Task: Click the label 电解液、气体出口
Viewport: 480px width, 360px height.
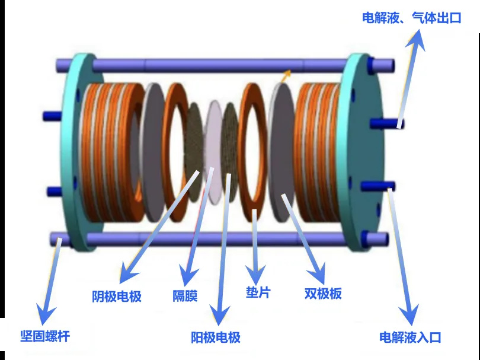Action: click(x=411, y=18)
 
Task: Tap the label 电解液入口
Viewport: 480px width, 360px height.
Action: click(x=410, y=337)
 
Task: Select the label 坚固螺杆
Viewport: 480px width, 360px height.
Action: click(x=45, y=336)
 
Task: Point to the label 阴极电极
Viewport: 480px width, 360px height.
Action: click(x=117, y=297)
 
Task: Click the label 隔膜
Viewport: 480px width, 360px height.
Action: click(x=185, y=296)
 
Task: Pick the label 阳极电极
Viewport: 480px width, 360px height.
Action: click(x=216, y=337)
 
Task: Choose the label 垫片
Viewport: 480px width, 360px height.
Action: click(x=258, y=292)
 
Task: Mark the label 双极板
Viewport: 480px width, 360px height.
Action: click(x=323, y=294)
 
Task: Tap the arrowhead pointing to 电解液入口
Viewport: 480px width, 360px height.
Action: click(x=409, y=314)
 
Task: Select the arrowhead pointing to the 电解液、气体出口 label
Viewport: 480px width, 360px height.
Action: click(x=417, y=39)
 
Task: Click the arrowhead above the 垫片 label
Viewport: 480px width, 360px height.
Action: click(x=255, y=274)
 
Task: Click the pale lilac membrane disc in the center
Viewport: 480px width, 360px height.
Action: click(x=213, y=152)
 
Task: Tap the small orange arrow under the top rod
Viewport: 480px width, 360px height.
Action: click(x=286, y=75)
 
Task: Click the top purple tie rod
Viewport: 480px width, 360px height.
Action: click(x=225, y=66)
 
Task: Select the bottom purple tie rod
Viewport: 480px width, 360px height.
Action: click(x=219, y=239)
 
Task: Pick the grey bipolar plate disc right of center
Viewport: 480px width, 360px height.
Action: click(x=281, y=152)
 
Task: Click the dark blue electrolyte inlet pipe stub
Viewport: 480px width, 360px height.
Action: click(x=378, y=186)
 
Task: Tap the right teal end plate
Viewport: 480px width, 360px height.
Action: click(x=361, y=152)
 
